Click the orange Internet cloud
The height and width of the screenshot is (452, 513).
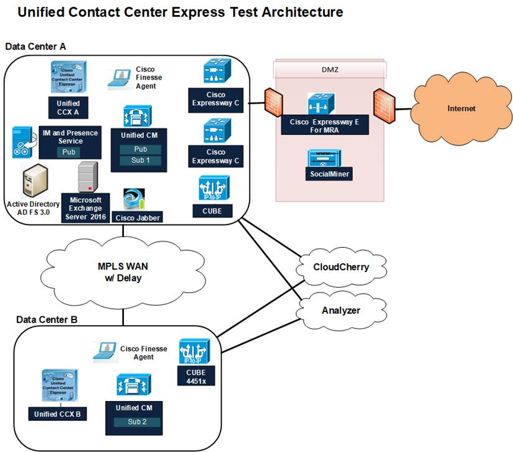point(461,108)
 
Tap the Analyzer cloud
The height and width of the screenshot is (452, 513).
point(340,310)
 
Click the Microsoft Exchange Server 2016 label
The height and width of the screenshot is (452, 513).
point(85,208)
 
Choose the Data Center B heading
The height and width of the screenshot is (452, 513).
point(47,319)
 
